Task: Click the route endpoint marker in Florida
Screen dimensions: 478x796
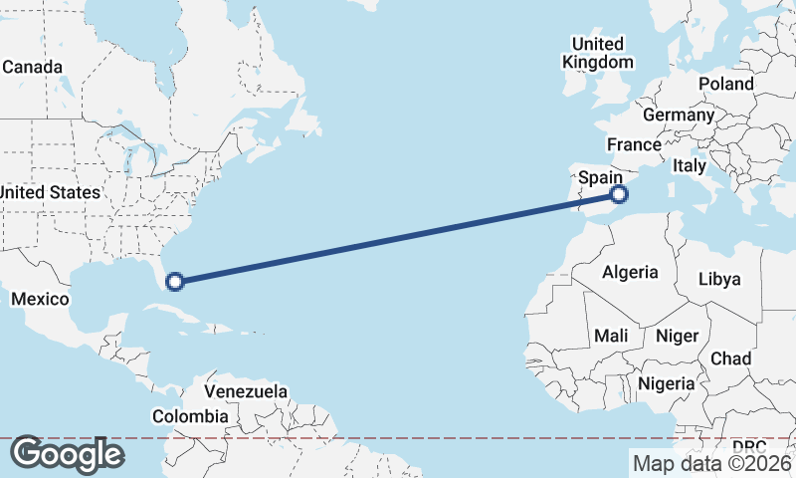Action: coord(175,282)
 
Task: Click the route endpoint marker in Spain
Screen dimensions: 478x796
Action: coord(619,195)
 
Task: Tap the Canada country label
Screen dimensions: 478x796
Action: coord(32,68)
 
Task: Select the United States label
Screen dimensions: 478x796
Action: coord(50,192)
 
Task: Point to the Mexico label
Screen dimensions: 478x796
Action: coord(40,299)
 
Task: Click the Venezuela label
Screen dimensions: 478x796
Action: coord(246,390)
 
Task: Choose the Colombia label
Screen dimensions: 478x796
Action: coord(190,416)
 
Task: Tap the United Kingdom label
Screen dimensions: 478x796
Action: coord(597,53)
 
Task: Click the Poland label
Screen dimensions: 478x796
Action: coord(726,84)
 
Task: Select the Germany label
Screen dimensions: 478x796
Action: coord(686,116)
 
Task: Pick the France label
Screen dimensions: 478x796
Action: coord(634,145)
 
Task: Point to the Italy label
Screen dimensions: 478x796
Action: coord(690,166)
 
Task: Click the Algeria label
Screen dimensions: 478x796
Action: coord(631,272)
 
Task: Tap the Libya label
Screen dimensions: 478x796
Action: coord(720,279)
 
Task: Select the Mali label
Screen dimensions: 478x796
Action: coord(611,337)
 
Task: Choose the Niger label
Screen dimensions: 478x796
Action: coord(677,337)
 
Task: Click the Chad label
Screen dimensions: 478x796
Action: coord(731,358)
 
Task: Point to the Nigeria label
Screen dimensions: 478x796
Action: coord(666,383)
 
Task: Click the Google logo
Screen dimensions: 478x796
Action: coord(67,454)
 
